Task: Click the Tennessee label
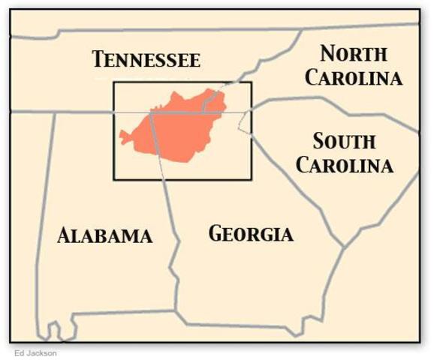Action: (146, 60)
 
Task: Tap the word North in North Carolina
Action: (354, 54)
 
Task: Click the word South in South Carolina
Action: (344, 141)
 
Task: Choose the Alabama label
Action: (104, 235)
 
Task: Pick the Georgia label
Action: (250, 233)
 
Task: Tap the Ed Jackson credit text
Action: (35, 352)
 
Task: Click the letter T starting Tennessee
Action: (98, 60)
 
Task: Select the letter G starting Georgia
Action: (215, 233)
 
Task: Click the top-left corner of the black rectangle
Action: (114, 82)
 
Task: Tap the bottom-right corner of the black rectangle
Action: (252, 179)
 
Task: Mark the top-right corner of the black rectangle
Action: (252, 82)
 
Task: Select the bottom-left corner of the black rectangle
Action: (114, 179)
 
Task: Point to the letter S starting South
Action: (318, 141)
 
